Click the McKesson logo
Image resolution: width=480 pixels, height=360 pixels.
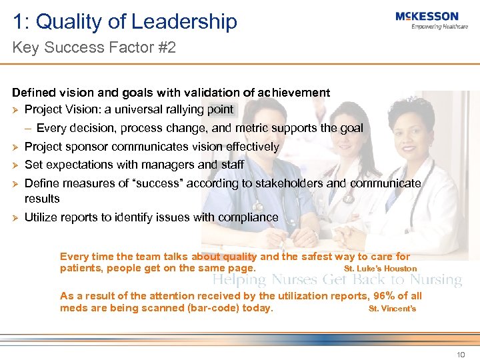pyautogui.click(x=427, y=17)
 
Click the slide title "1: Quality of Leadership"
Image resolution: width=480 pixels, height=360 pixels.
pyautogui.click(x=125, y=21)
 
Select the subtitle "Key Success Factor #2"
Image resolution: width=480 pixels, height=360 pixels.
pyautogui.click(x=94, y=48)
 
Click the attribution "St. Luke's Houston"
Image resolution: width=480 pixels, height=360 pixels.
pyautogui.click(x=380, y=269)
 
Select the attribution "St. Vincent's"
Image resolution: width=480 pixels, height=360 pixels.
pyautogui.click(x=392, y=309)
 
